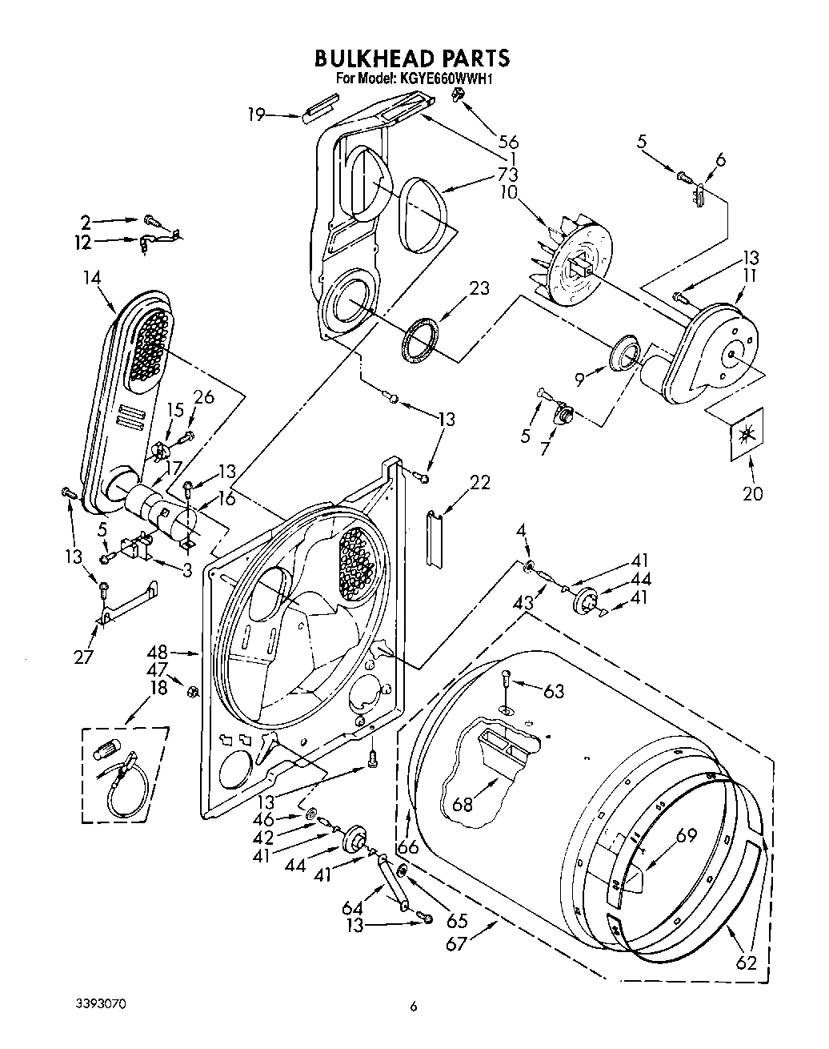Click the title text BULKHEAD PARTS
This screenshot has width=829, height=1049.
411,58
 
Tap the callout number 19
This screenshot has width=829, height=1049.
256,115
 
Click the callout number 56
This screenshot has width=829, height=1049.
508,143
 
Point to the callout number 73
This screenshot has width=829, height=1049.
508,175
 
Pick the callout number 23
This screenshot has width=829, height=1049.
479,289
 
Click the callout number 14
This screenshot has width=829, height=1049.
91,278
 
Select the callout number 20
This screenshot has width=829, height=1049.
752,493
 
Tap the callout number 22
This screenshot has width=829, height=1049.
480,482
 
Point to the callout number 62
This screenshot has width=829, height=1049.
745,962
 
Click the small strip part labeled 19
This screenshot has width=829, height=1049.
321,108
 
